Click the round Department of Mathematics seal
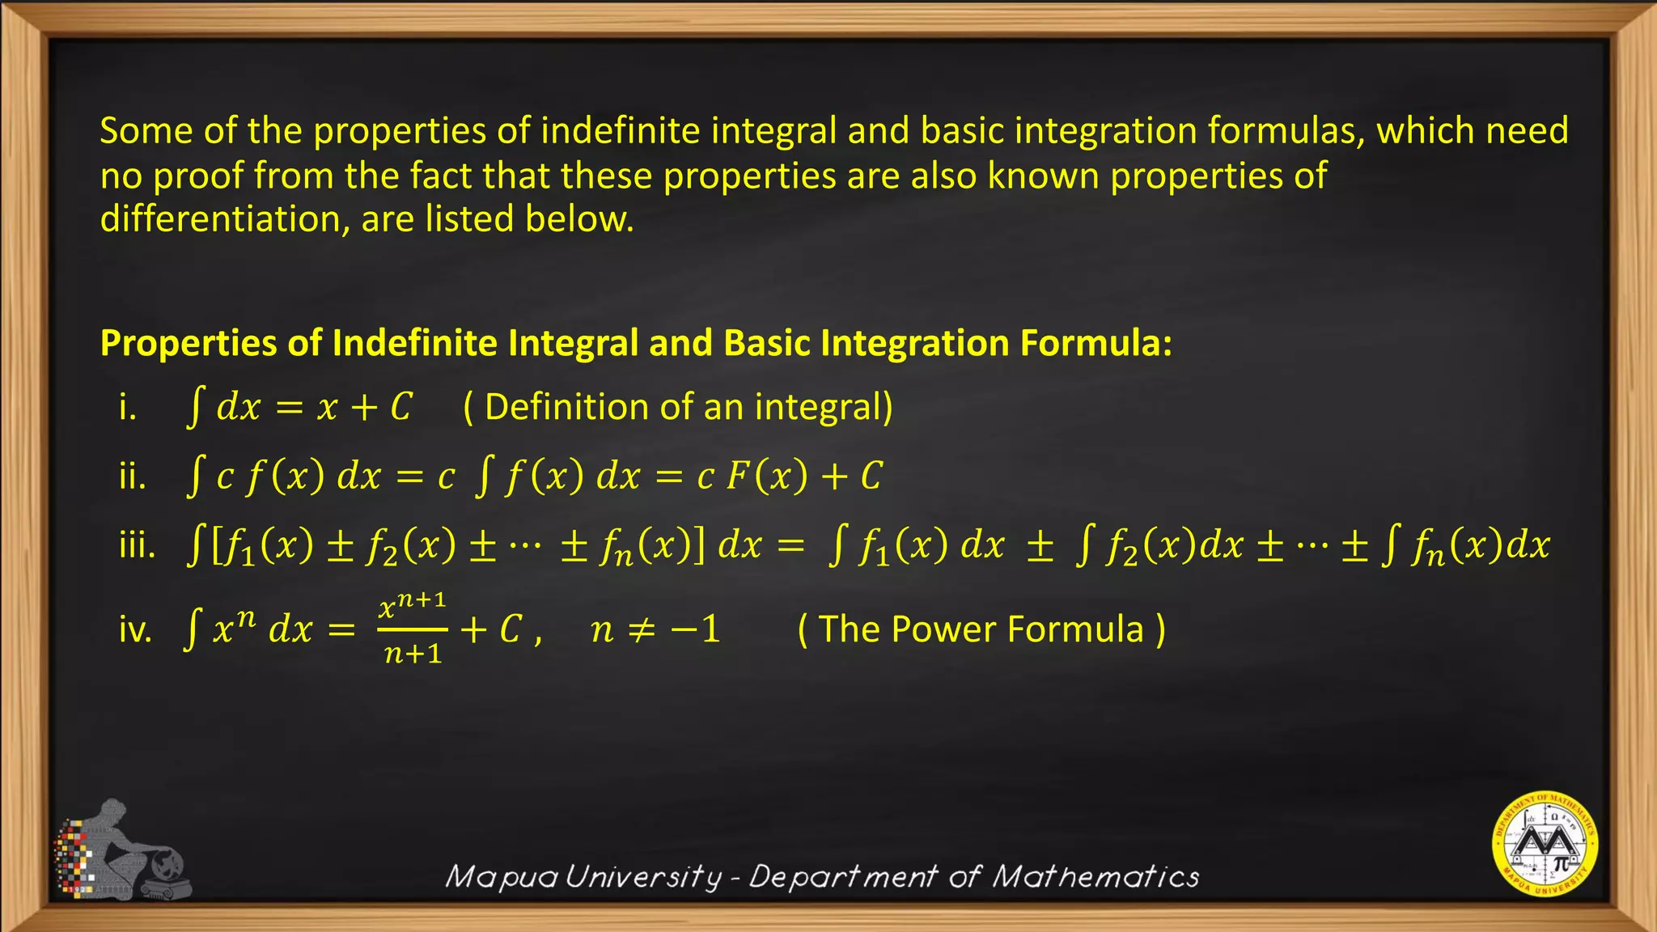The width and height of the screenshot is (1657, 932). [1545, 844]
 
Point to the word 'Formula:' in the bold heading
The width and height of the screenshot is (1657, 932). [1095, 343]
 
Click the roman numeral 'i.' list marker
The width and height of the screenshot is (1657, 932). [127, 407]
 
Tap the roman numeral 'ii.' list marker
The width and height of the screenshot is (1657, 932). [133, 477]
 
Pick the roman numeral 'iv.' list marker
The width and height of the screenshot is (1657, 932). [136, 629]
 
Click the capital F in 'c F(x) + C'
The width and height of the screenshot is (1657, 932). [736, 477]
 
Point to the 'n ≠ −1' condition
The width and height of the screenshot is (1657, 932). [655, 629]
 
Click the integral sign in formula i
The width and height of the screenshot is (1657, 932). [194, 407]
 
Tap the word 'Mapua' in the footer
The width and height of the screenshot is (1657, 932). [501, 876]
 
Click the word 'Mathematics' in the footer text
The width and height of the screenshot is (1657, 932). [1096, 876]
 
